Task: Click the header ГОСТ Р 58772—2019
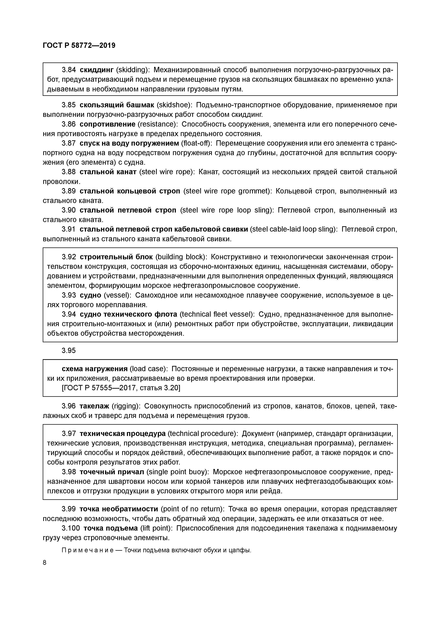click(79, 46)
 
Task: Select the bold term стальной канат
click(108, 172)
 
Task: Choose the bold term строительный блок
click(116, 257)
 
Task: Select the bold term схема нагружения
click(95, 369)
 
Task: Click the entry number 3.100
click(71, 528)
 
